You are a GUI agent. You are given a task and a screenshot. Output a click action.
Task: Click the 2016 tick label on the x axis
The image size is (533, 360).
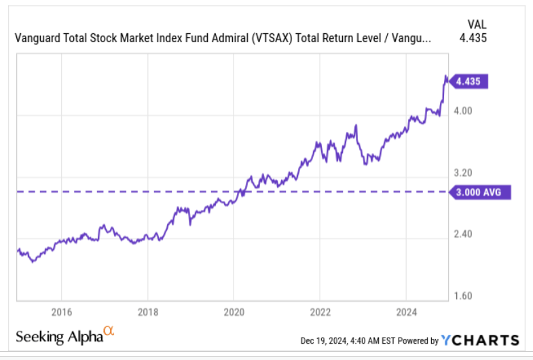(x=61, y=313)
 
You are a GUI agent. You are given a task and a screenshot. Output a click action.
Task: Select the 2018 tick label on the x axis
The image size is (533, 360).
(x=147, y=313)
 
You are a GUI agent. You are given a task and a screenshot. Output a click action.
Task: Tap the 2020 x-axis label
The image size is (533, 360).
(x=234, y=313)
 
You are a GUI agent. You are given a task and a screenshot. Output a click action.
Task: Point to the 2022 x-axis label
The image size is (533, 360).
(x=320, y=313)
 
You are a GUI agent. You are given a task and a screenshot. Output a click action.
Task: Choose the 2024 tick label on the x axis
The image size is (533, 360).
(x=405, y=313)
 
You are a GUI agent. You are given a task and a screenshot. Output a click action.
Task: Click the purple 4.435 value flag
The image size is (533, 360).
(x=471, y=81)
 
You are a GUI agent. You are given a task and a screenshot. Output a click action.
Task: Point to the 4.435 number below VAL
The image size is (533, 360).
(x=473, y=37)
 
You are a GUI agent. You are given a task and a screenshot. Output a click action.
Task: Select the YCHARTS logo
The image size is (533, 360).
(x=480, y=340)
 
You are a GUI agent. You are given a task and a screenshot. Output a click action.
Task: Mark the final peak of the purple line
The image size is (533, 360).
(x=445, y=76)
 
